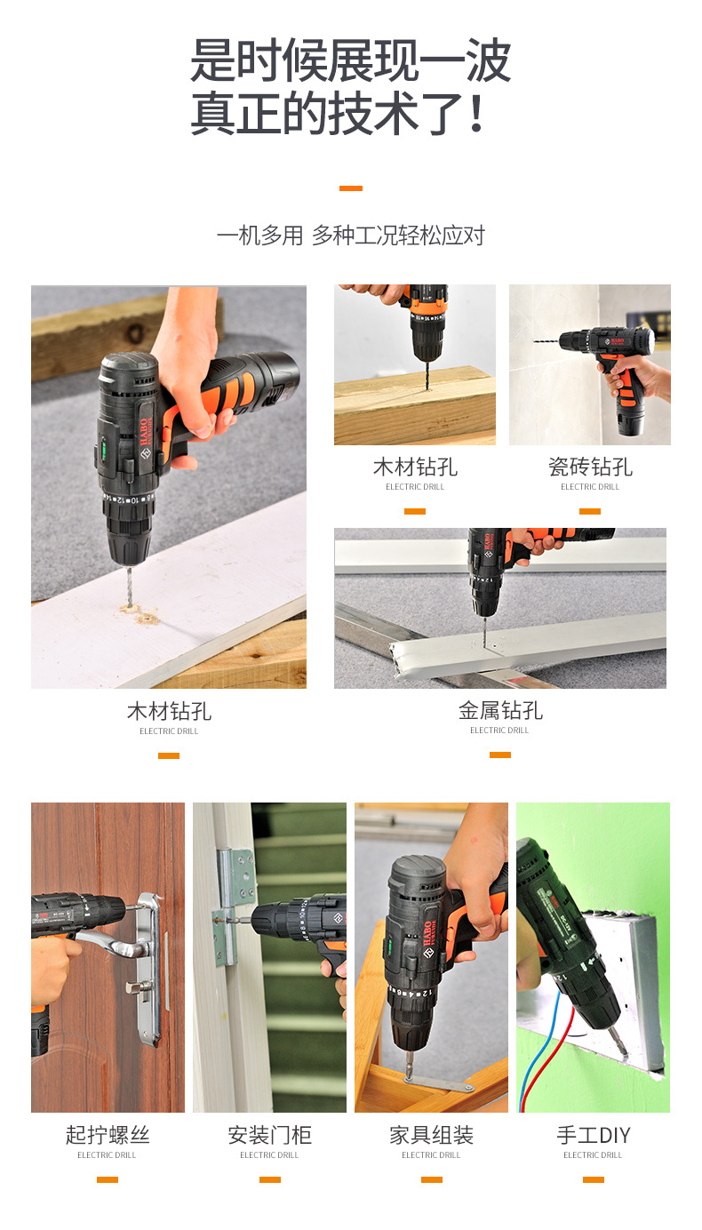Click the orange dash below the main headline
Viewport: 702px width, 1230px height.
(351, 188)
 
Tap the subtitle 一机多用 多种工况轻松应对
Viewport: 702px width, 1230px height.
(351, 236)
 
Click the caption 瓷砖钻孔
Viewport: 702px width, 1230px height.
(590, 467)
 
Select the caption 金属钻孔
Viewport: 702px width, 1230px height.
(500, 711)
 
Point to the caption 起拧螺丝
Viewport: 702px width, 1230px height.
(108, 1134)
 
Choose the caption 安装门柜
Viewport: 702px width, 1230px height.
(269, 1134)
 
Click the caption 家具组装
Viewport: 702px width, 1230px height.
(431, 1134)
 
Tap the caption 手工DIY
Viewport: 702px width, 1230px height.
(594, 1134)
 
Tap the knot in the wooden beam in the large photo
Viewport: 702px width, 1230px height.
(135, 332)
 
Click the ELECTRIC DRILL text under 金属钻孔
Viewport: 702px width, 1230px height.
(499, 731)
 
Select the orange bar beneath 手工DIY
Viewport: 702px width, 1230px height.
(594, 1179)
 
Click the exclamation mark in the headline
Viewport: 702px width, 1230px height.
(477, 113)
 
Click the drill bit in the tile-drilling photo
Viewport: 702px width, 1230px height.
(546, 341)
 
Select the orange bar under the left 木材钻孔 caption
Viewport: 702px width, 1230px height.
(169, 756)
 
